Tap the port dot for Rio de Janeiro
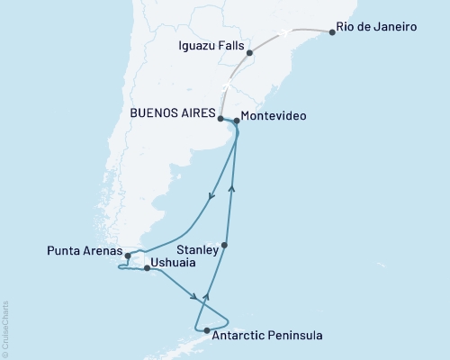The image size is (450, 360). [x=333, y=32]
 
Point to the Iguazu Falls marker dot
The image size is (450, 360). [x=249, y=53]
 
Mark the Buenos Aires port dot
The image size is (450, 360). [x=220, y=117]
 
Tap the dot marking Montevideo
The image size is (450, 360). [x=236, y=121]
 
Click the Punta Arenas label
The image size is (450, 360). [x=82, y=251]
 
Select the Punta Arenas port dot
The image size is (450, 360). [x=128, y=256]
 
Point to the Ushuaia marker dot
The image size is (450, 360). [x=147, y=268]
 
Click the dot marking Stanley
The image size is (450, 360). [x=225, y=245]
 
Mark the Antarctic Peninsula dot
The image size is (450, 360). [x=208, y=331]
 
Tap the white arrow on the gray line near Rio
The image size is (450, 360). [x=284, y=32]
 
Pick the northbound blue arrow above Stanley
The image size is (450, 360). [x=232, y=188]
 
